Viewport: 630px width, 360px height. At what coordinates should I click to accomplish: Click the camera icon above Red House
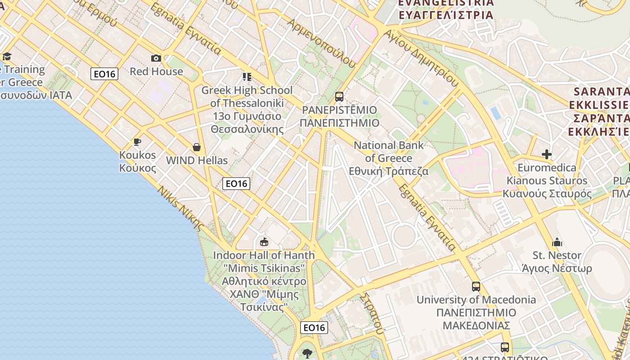[x=156, y=58]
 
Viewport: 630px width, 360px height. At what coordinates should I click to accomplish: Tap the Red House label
[x=156, y=72]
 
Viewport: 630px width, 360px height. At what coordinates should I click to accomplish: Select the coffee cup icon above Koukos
[x=137, y=142]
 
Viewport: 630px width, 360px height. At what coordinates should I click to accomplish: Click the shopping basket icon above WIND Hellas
[x=197, y=147]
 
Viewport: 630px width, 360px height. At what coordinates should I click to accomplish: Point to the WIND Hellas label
[x=197, y=161]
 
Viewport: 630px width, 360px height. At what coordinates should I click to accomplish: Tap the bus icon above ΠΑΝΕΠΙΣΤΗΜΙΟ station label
[x=339, y=97]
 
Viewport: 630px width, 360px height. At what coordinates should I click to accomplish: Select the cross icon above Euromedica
[x=547, y=155]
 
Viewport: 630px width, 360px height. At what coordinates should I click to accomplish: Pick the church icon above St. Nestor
[x=557, y=242]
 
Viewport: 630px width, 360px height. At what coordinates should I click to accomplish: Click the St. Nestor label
[x=557, y=255]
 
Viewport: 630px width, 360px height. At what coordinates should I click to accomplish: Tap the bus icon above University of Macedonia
[x=476, y=286]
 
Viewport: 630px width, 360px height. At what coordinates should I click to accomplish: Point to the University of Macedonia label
[x=476, y=300]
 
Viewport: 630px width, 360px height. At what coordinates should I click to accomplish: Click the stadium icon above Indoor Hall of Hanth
[x=264, y=242]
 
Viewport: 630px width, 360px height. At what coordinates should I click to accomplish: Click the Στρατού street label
[x=373, y=313]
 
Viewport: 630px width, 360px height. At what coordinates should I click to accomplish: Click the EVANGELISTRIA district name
[x=446, y=3]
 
